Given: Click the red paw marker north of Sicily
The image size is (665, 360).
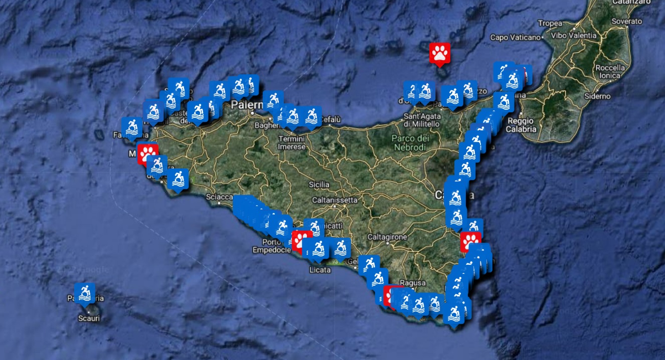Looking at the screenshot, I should tap(440, 53).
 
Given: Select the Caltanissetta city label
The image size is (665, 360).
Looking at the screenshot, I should tap(335, 200).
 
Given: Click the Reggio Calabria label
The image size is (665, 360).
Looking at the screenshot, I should tap(522, 125).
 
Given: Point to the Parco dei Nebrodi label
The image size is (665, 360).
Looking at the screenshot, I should tap(410, 142).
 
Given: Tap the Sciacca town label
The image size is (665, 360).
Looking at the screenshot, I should tap(219, 197).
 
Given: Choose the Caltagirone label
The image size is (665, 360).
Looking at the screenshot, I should tap(387, 237).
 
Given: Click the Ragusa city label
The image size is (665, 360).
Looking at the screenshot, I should tap(413, 283).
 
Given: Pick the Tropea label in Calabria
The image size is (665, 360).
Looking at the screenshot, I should tap(550, 23).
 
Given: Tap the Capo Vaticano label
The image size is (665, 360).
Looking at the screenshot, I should tap(515, 37).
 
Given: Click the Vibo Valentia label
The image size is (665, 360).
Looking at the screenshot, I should tap(574, 36).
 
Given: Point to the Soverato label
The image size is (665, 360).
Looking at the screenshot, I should tap(627, 22).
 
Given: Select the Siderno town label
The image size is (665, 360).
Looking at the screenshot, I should tap(597, 96).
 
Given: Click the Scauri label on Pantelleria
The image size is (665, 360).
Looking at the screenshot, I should tap(89, 318).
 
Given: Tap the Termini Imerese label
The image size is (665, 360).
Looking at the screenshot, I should tap(291, 143).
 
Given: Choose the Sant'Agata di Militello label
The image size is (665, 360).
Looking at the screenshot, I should tap(422, 120).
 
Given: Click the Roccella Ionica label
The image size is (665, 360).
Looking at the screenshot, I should tap(610, 71).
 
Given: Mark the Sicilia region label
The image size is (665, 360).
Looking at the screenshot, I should tap(319, 185).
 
